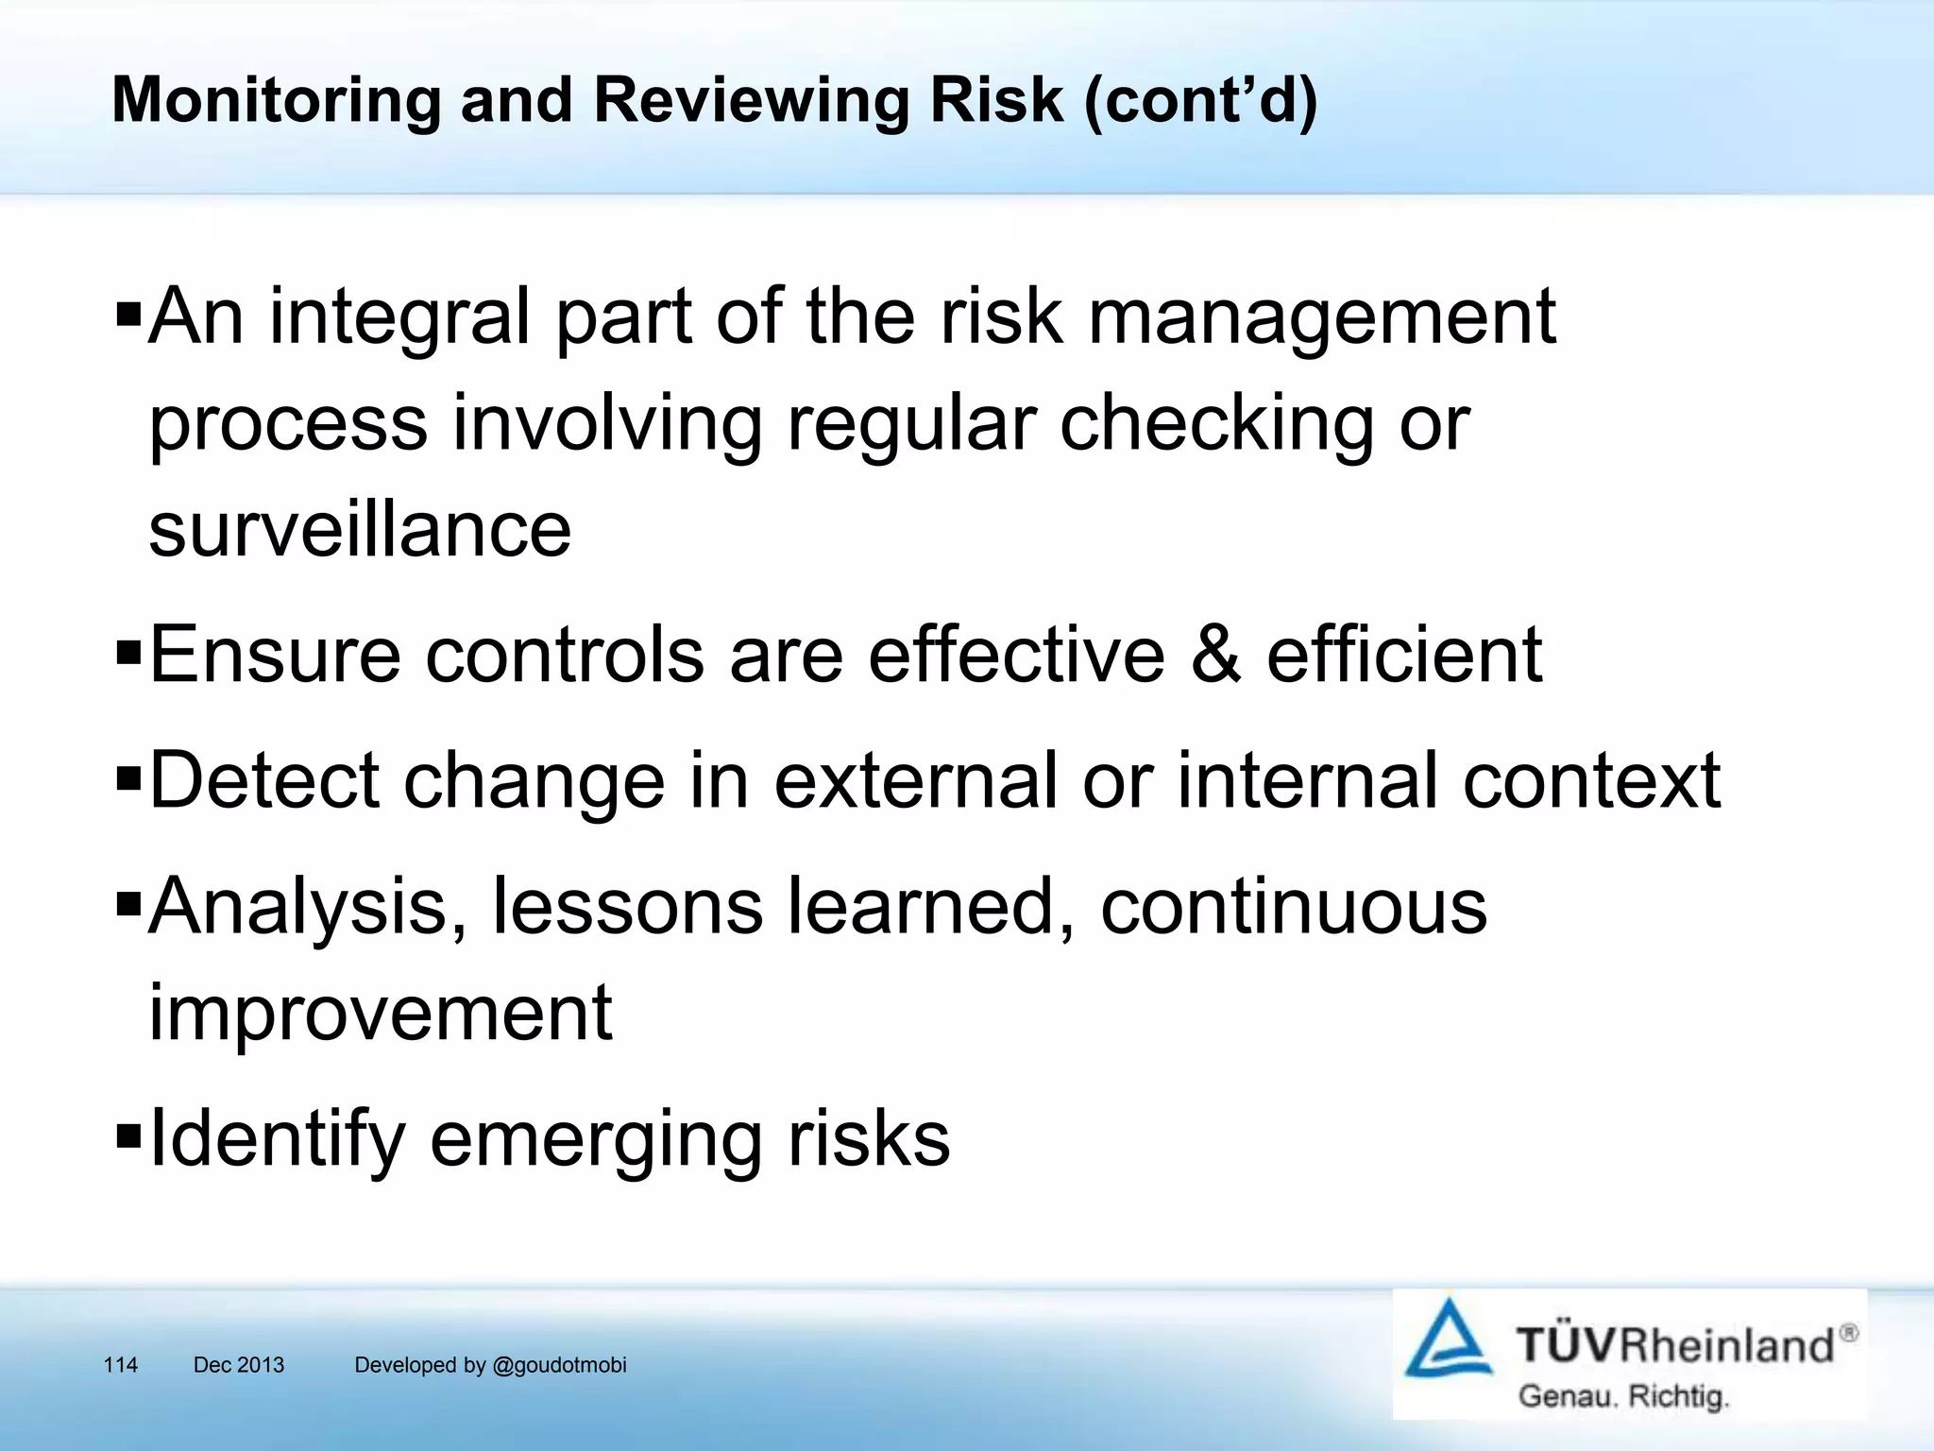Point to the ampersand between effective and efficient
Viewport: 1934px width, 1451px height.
pyautogui.click(x=1215, y=655)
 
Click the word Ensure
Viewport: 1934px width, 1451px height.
pyautogui.click(x=275, y=655)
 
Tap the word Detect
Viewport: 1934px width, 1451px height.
pyautogui.click(x=264, y=781)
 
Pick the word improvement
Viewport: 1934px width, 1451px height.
pyautogui.click(x=381, y=1013)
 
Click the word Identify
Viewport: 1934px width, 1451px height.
pyautogui.click(x=277, y=1140)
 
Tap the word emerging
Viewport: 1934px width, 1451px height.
pyautogui.click(x=596, y=1140)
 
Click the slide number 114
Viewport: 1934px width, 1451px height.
pyautogui.click(x=121, y=1365)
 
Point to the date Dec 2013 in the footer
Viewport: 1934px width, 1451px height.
pyautogui.click(x=239, y=1365)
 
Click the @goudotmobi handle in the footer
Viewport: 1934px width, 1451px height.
pyautogui.click(x=559, y=1365)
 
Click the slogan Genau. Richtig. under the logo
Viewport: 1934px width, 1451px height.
pyautogui.click(x=1622, y=1396)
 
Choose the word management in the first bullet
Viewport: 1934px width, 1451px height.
pyautogui.click(x=1322, y=317)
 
